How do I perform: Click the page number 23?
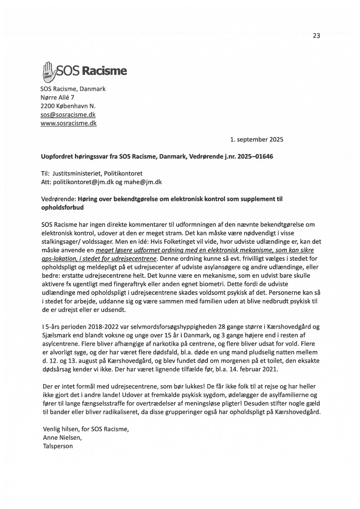[316, 36]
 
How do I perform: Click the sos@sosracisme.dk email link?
[68, 115]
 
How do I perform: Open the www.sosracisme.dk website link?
[68, 123]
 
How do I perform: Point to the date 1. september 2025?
[257, 140]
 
